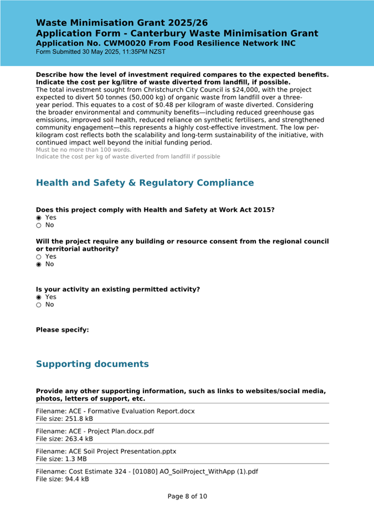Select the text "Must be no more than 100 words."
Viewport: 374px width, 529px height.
tap(84, 150)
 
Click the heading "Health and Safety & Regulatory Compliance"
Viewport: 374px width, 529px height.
tap(145, 183)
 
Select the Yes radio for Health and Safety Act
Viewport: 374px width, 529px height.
tap(39, 218)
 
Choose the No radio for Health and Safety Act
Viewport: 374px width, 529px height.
tap(39, 225)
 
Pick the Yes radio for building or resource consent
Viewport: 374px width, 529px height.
tap(39, 257)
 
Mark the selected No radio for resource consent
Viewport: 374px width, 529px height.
tap(39, 264)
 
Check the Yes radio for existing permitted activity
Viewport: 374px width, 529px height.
tap(39, 297)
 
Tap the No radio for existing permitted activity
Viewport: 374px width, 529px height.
tap(39, 305)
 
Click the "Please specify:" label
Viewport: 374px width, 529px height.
tap(62, 330)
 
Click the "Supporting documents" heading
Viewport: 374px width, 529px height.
tap(92, 364)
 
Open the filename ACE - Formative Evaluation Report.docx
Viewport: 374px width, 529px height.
tap(115, 411)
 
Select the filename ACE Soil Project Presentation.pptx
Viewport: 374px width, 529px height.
tap(106, 451)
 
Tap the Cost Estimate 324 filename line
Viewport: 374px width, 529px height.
tap(147, 471)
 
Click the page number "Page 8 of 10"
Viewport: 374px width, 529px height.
tap(187, 496)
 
